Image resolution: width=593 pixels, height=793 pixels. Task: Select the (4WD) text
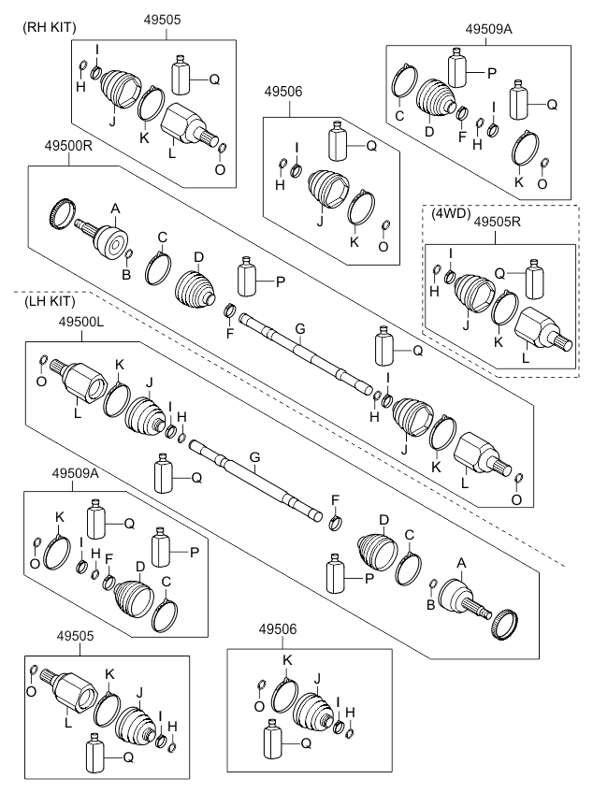[451, 213]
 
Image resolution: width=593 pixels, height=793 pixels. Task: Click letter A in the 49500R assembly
[115, 209]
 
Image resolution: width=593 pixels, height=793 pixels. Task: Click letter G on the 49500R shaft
[299, 328]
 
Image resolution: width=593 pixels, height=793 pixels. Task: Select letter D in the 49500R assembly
[197, 255]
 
